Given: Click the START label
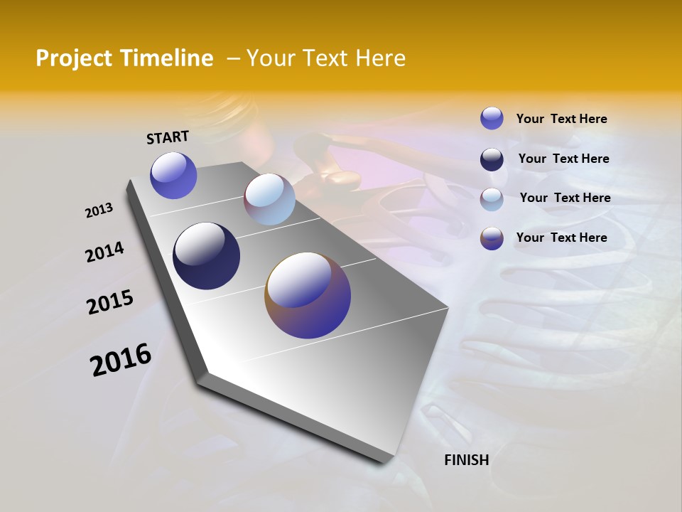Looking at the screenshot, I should tap(168, 137).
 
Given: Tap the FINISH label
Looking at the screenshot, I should tap(466, 460).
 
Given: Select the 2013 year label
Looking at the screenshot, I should tap(99, 210).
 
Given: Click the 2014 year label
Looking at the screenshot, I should tap(104, 252).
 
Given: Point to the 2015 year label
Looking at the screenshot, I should tap(110, 302).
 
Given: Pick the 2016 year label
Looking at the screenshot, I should tap(121, 360).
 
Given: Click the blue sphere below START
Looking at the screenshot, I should tap(173, 175).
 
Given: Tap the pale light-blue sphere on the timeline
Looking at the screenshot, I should tap(269, 199).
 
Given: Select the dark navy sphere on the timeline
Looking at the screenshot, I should tap(206, 256).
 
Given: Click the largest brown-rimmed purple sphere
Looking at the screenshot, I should tap(308, 295).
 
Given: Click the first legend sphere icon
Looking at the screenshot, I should tap(492, 118).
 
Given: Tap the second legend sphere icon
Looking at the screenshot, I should tap(492, 159).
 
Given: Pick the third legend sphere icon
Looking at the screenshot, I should tap(492, 198).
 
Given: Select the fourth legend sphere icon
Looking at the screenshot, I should tap(492, 238).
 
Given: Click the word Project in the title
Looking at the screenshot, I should tap(75, 58).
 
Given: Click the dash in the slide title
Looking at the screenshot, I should tap(233, 58).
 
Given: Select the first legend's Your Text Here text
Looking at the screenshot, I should tap(561, 119).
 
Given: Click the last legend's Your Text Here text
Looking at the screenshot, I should tap(561, 238).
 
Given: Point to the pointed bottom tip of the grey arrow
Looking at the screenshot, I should tap(387, 464).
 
